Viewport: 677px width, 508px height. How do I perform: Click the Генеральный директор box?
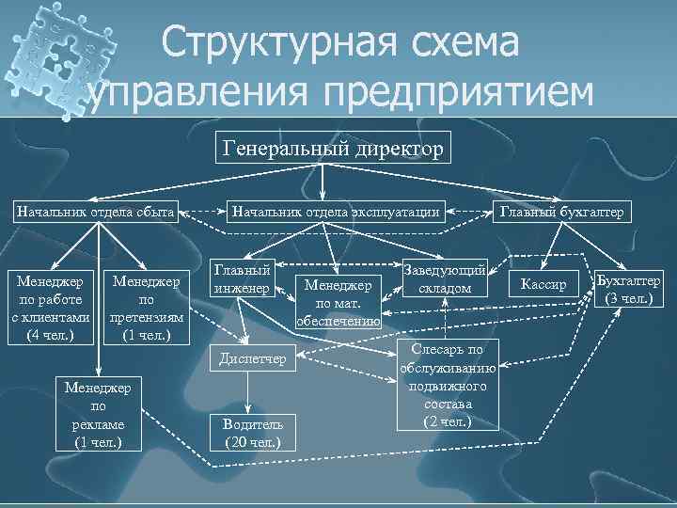coord(333,149)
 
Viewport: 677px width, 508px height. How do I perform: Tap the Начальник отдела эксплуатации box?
coord(337,212)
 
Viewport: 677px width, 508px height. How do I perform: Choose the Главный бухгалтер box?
coord(560,212)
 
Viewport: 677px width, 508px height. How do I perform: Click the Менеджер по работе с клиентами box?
coord(50,308)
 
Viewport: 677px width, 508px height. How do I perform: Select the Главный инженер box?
coord(242,278)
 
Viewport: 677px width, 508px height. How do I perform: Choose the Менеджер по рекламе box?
coord(98,413)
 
